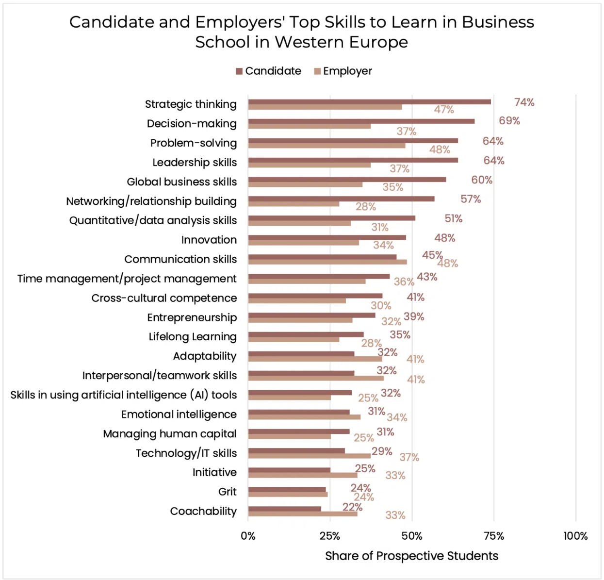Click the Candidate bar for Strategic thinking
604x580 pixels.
click(x=369, y=101)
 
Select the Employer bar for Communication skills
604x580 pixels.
click(x=327, y=262)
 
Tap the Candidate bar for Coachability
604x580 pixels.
click(x=284, y=509)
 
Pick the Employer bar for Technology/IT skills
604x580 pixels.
click(x=309, y=456)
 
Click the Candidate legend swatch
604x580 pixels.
click(x=239, y=71)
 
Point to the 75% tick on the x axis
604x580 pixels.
click(x=494, y=536)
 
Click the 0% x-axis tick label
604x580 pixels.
click(x=248, y=536)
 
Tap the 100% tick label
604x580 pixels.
click(x=575, y=536)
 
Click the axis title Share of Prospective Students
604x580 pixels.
click(x=411, y=556)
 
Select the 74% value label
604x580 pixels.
click(x=524, y=102)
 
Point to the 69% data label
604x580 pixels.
click(x=509, y=121)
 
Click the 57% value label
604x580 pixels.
click(x=471, y=199)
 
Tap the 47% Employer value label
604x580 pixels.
click(x=444, y=110)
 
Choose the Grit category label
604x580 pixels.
click(x=227, y=492)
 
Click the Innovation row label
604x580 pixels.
click(x=209, y=240)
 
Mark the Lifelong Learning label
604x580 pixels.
click(x=193, y=337)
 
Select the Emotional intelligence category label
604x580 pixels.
click(x=179, y=414)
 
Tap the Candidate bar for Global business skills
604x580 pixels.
click(x=347, y=179)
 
